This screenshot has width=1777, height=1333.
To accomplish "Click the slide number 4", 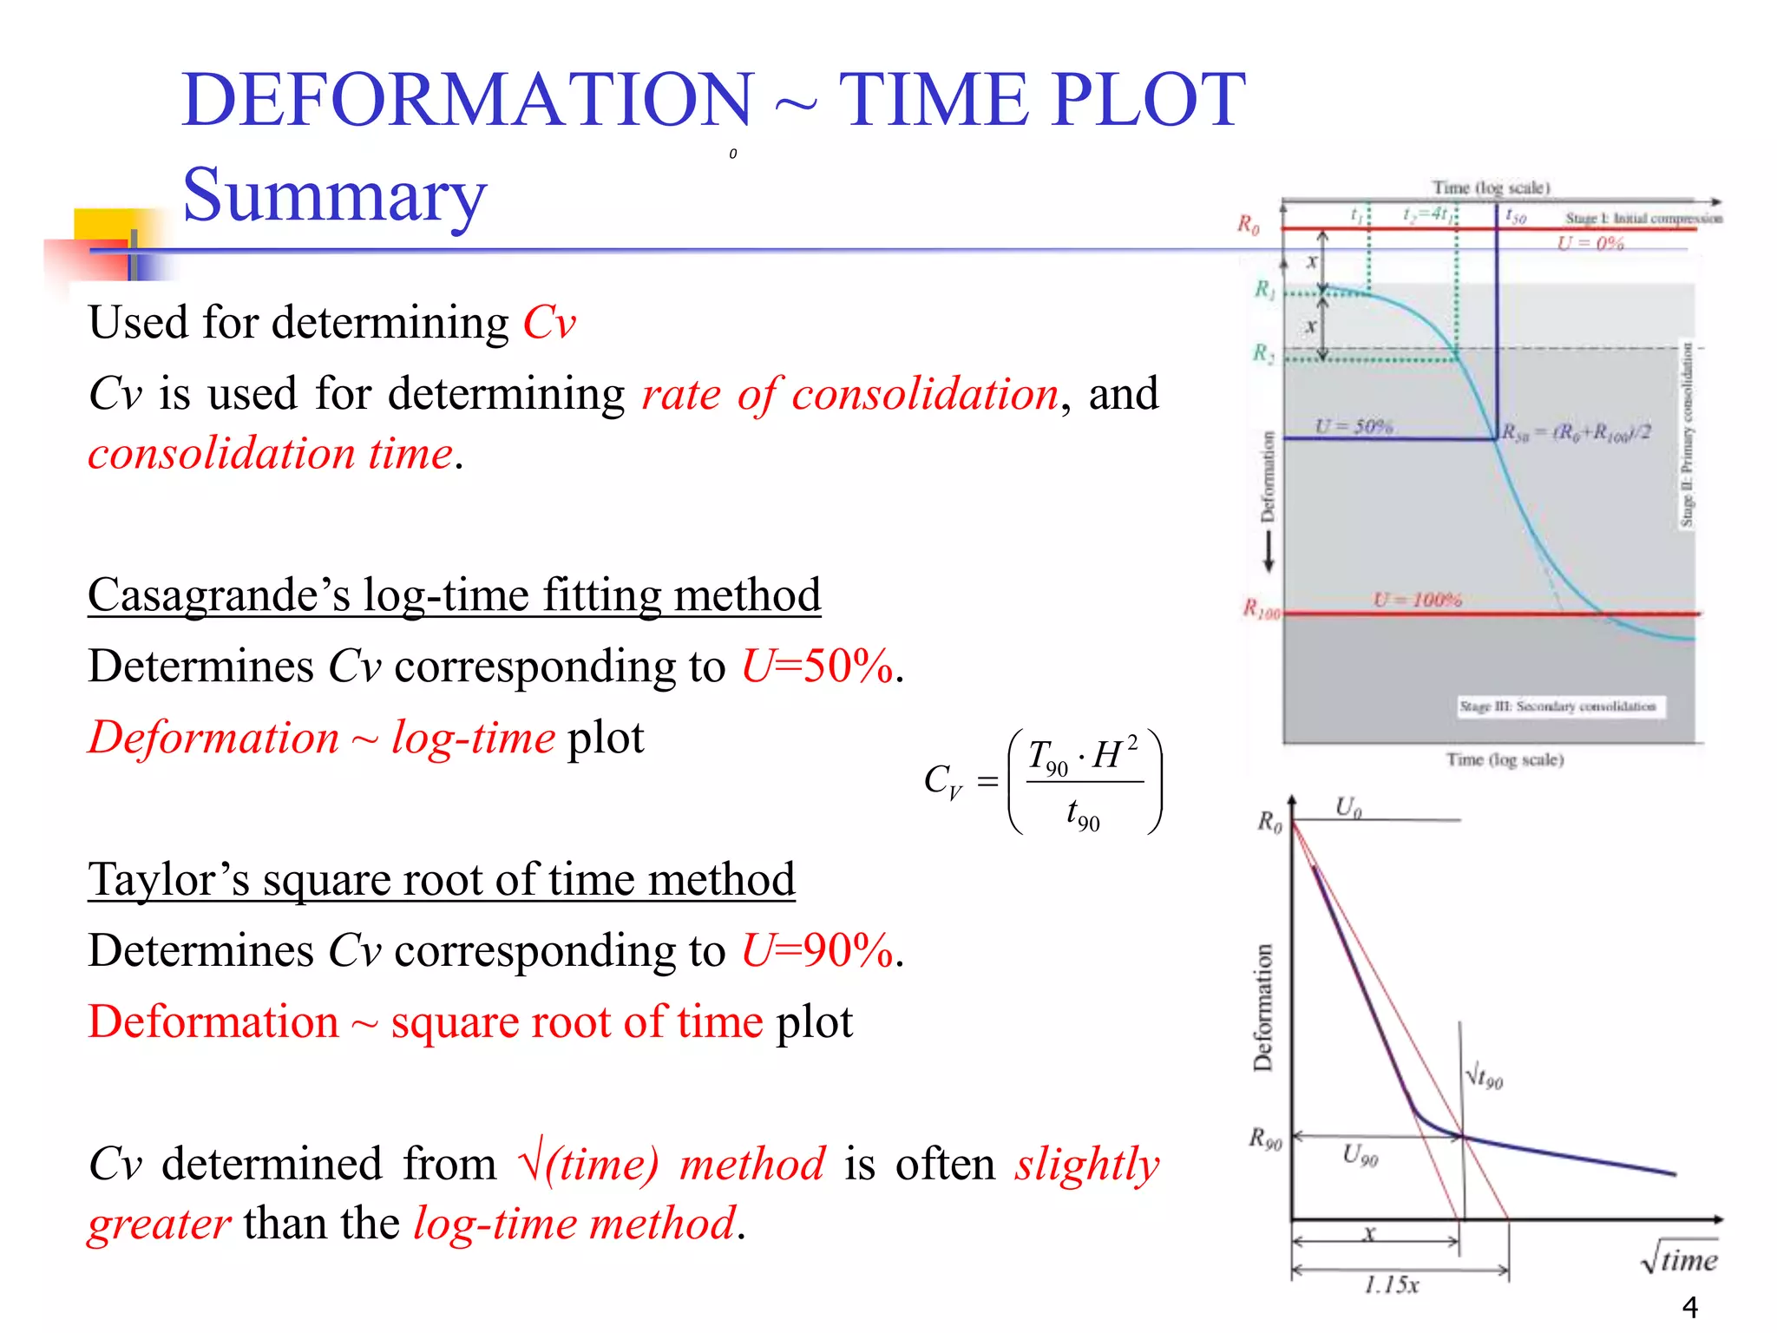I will point(1689,1306).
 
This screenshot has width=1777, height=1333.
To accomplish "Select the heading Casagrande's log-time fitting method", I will point(454,595).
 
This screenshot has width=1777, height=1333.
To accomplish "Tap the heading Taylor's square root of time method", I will point(441,879).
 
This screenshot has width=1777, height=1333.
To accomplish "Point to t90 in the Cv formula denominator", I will point(1083,816).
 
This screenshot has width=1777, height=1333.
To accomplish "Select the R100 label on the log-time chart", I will point(1261,608).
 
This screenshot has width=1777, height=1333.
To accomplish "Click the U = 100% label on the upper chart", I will point(1417,600).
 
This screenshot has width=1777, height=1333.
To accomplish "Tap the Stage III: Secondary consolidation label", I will point(1557,706).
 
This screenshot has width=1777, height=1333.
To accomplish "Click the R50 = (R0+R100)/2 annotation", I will point(1577,432).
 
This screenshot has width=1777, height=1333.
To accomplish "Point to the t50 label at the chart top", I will point(1515,215).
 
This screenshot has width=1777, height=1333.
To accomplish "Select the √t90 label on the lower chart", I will point(1485,1077).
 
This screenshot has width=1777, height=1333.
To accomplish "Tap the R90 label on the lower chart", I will point(1265,1139).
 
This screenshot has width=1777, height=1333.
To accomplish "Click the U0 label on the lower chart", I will point(1348,807).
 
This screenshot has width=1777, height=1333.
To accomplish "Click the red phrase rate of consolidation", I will point(849,395).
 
